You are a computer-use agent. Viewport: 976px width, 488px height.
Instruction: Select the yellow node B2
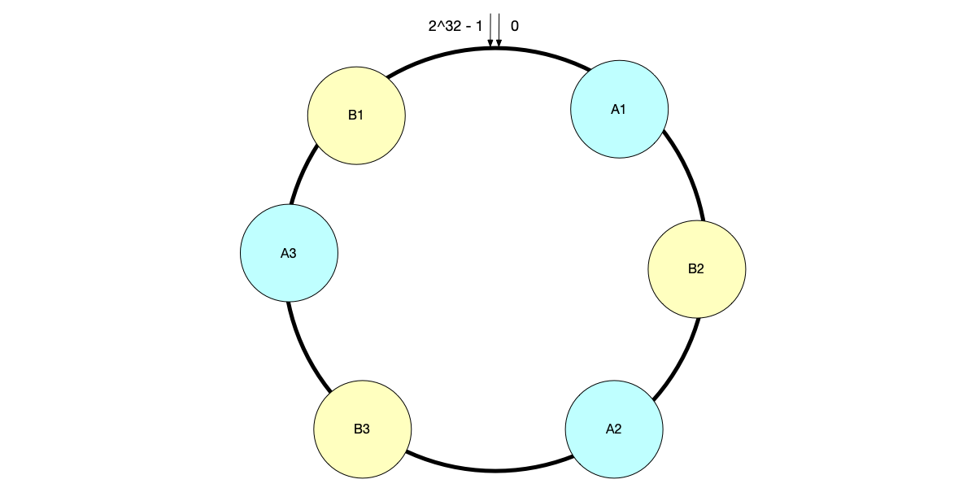696,268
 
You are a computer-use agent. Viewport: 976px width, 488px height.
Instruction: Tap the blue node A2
613,428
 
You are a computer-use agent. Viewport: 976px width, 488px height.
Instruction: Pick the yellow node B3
362,428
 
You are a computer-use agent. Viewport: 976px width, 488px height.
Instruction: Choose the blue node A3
289,252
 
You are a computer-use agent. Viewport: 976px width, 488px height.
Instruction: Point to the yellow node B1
356,115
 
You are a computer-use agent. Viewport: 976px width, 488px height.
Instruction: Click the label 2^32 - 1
455,26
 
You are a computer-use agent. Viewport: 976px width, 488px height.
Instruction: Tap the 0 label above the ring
515,26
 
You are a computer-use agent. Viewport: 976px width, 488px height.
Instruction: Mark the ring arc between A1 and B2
688,172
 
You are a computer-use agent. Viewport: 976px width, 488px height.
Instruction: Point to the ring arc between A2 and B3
488,470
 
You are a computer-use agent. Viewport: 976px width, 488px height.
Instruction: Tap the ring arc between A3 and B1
300,176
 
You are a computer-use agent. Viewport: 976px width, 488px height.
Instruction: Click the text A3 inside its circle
289,253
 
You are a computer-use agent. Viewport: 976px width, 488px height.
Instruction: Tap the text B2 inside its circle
696,269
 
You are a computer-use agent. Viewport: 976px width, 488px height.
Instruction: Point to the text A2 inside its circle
613,429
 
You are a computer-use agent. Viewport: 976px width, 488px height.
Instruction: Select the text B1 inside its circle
356,115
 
